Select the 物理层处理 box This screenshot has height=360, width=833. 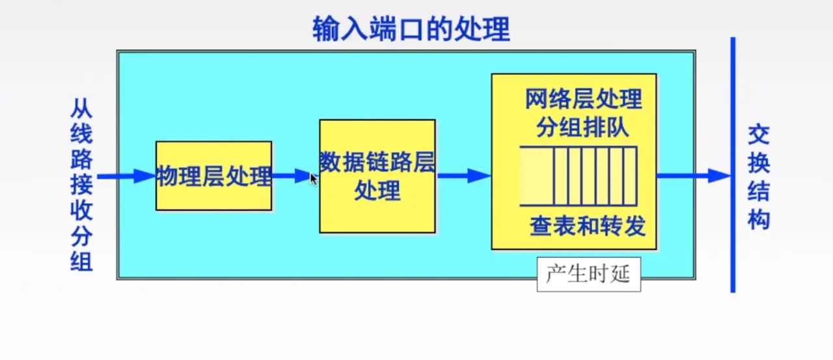(x=213, y=176)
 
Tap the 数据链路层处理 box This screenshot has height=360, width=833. (x=377, y=176)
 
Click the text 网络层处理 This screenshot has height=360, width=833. (x=583, y=100)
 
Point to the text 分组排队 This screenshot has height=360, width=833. (x=582, y=127)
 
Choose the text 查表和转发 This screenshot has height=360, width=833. (x=587, y=226)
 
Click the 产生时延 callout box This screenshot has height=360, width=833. (x=588, y=274)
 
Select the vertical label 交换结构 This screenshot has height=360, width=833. (x=758, y=177)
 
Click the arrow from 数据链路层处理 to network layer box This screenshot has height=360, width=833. (x=463, y=175)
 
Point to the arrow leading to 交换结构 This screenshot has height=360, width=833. (x=694, y=175)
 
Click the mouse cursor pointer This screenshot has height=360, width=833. (x=314, y=179)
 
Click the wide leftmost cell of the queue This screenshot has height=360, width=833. (x=537, y=176)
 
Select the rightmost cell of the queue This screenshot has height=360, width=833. (x=629, y=176)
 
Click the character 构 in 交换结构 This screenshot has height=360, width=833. (x=758, y=219)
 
